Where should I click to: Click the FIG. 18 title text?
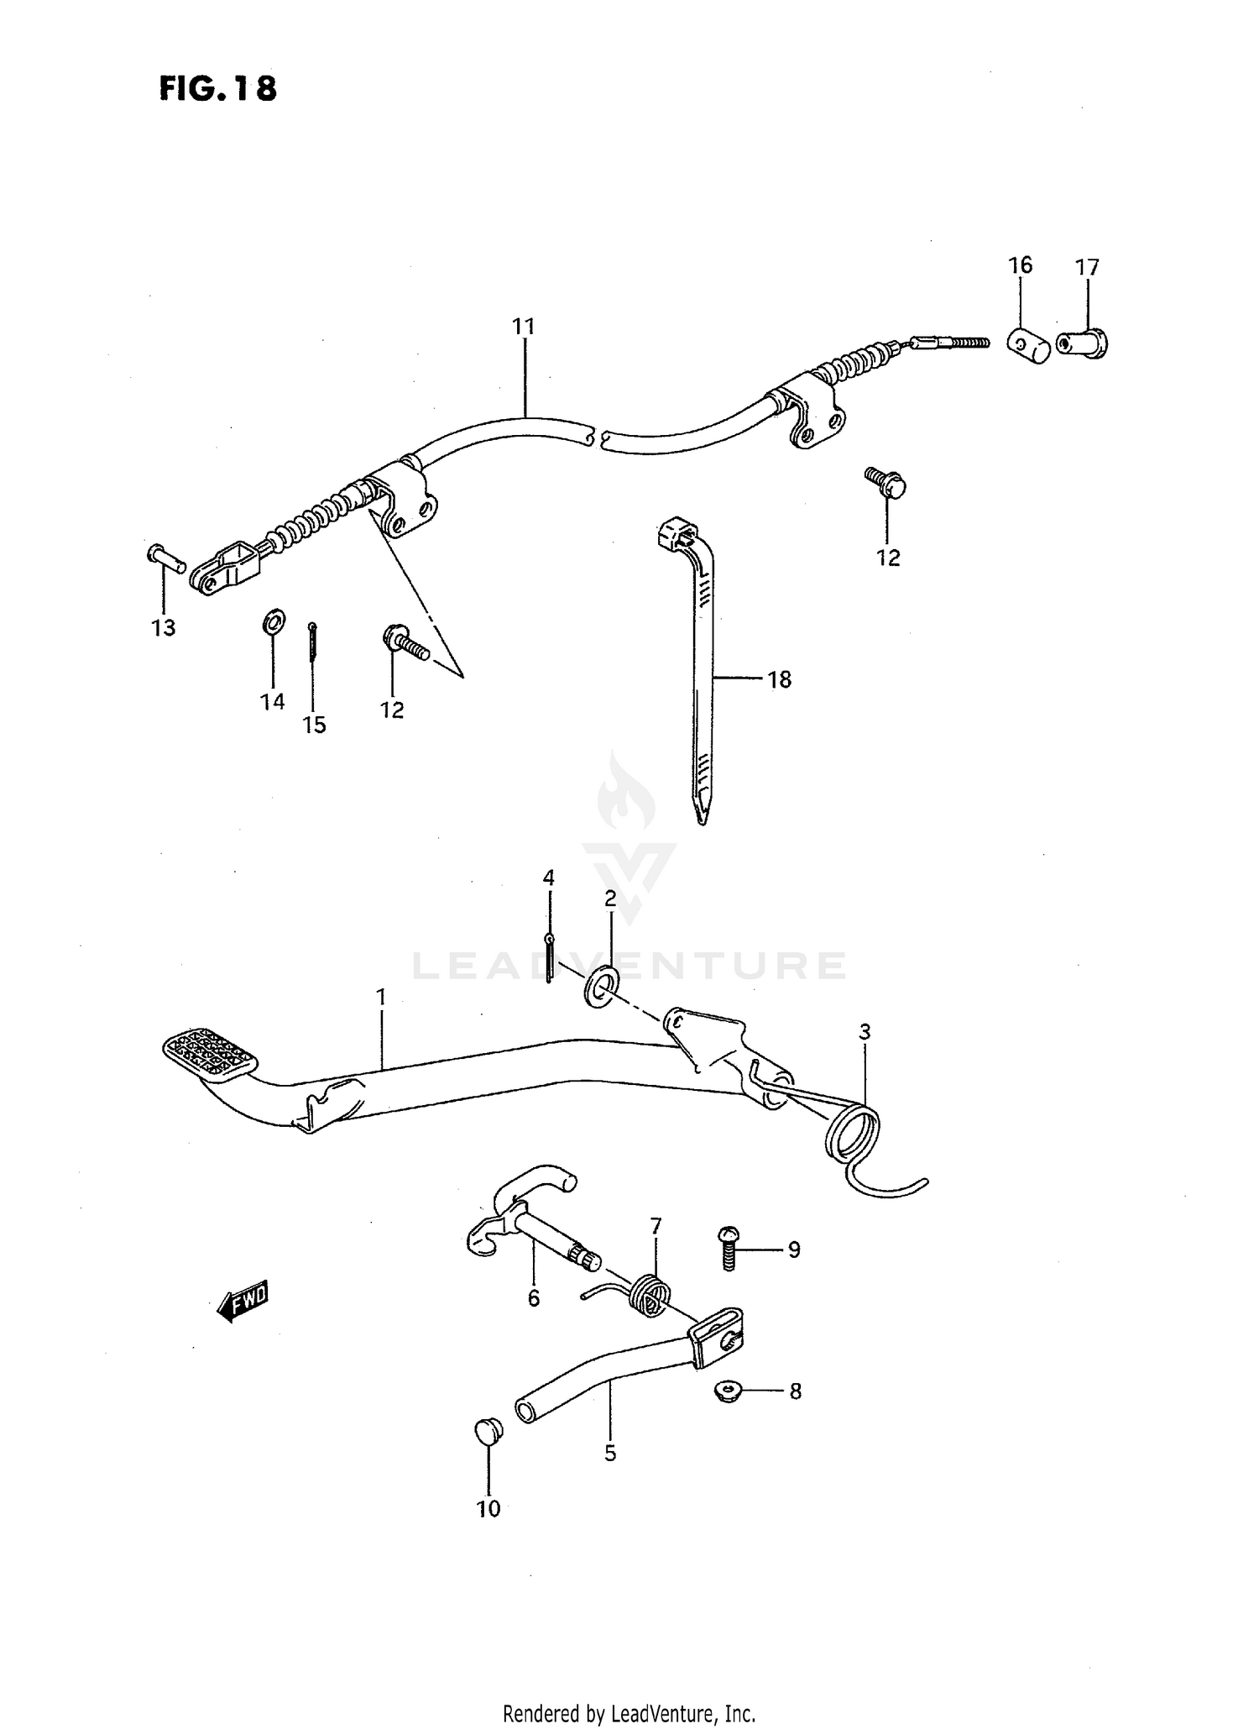[x=217, y=88]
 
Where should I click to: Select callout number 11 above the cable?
[x=524, y=326]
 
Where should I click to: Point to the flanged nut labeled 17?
[x=1084, y=343]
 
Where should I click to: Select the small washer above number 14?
[x=274, y=621]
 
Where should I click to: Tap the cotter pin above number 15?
[x=312, y=641]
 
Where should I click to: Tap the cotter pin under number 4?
[x=548, y=958]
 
